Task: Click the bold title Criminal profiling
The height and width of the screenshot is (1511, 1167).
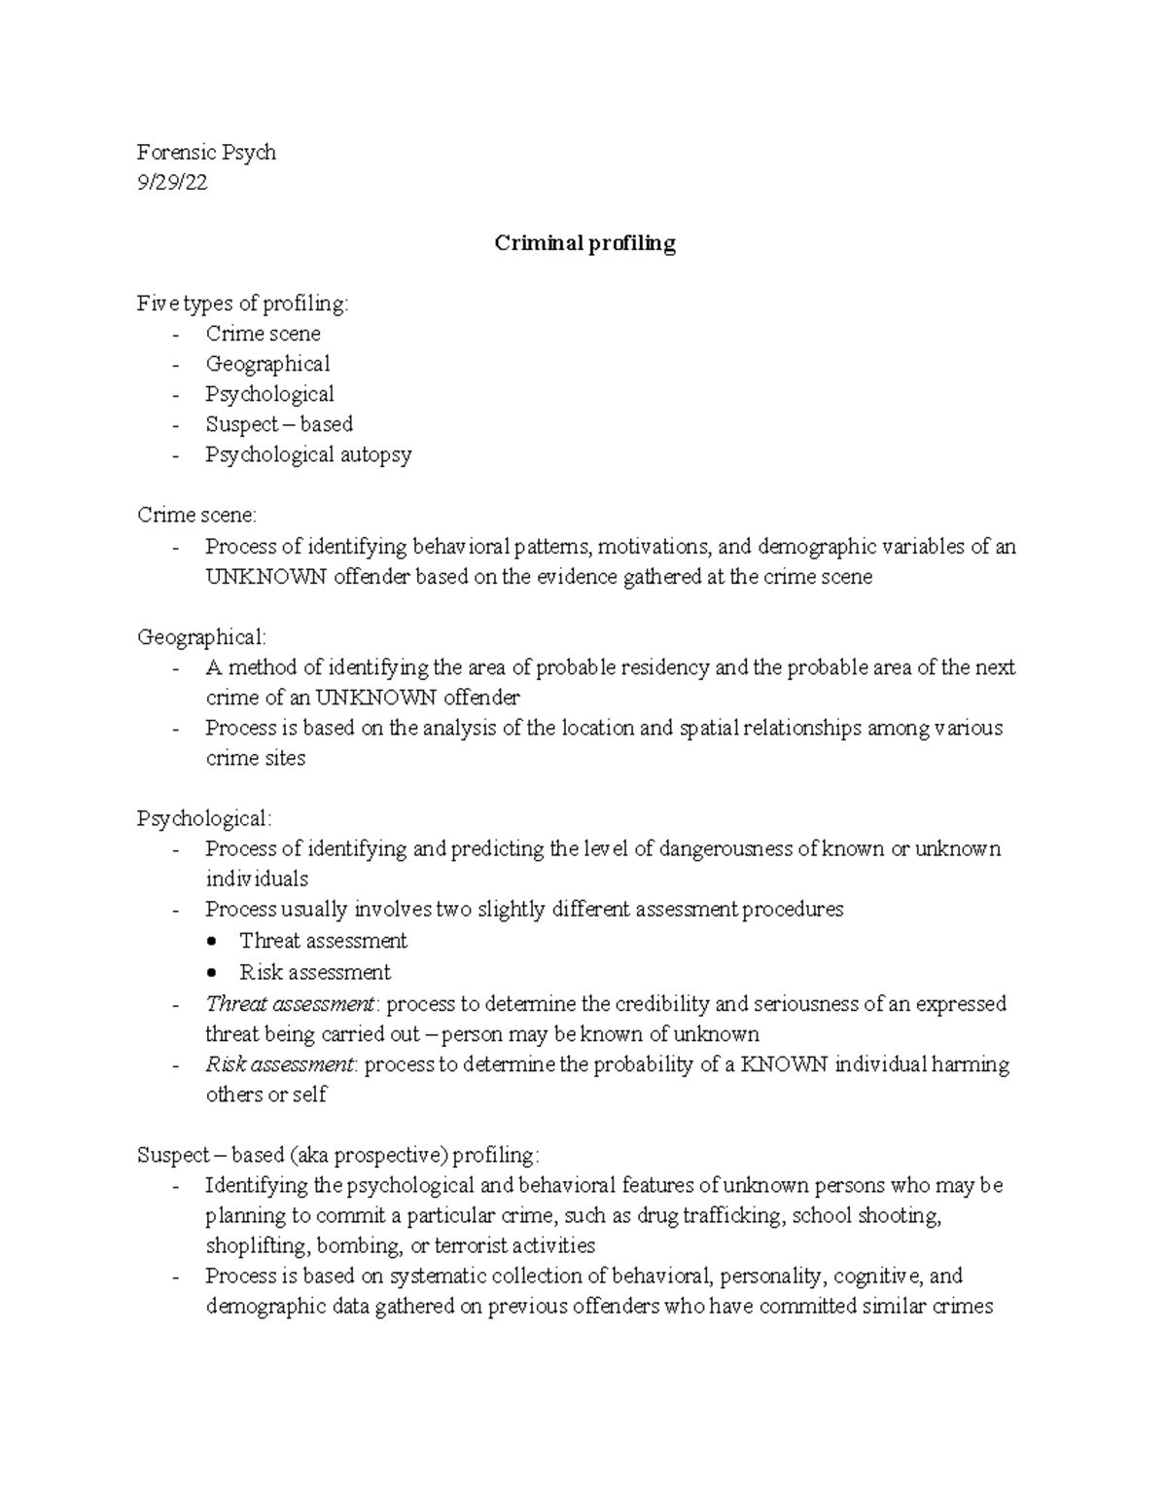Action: pos(584,243)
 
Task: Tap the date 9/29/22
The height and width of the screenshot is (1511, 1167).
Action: pos(172,183)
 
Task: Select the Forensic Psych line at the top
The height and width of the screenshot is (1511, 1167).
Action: pos(206,153)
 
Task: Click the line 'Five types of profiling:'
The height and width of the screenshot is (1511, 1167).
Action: pos(242,304)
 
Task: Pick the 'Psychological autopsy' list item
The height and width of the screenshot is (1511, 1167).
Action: pos(308,454)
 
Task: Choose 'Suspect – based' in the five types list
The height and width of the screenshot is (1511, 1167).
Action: pos(279,424)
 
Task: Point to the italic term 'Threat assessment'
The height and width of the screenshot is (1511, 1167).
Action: pos(290,1003)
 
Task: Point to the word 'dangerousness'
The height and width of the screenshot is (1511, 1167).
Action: pos(725,848)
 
